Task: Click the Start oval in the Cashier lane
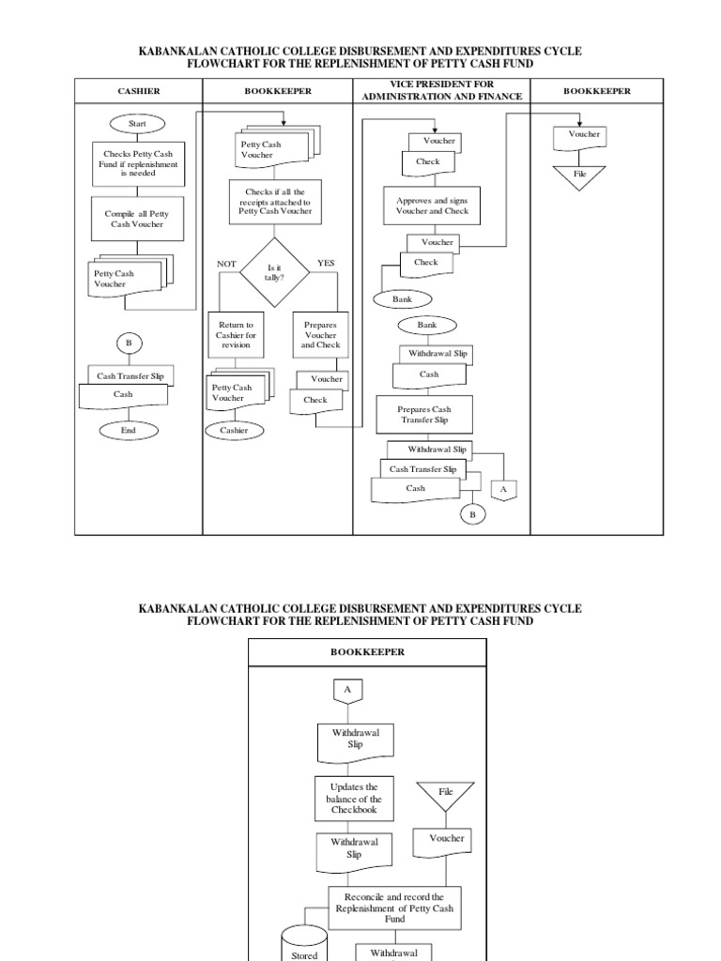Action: tap(138, 123)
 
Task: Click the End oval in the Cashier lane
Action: tap(129, 431)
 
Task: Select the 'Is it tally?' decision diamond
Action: tap(274, 272)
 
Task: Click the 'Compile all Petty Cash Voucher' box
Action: tap(138, 219)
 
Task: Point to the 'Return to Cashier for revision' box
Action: tap(237, 335)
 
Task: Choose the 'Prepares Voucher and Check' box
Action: tap(320, 335)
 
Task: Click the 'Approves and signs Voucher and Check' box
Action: tap(432, 206)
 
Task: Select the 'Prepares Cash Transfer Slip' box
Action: tap(424, 415)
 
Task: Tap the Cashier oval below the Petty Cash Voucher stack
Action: tap(235, 430)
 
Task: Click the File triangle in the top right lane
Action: tap(578, 176)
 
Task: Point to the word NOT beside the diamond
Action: tap(226, 264)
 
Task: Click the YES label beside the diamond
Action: tap(326, 263)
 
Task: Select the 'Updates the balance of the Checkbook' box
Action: tap(355, 799)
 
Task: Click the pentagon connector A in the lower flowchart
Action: tap(347, 691)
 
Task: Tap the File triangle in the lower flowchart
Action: tap(446, 795)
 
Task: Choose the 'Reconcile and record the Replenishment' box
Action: tap(394, 908)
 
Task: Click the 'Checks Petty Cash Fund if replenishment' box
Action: tap(138, 163)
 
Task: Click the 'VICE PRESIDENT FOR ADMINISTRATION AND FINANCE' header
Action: tap(441, 91)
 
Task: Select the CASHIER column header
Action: tap(139, 91)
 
